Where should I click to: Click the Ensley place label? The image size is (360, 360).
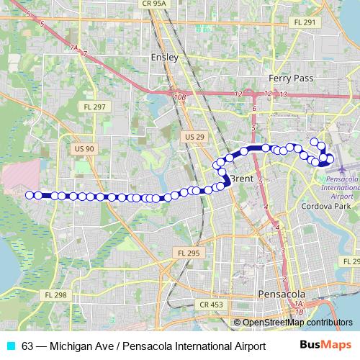pos(164,57)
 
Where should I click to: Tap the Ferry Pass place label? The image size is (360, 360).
pos(288,78)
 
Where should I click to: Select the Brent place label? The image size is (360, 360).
pos(242,179)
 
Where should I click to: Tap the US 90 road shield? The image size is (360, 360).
pos(84,148)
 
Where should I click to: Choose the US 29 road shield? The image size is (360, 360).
pos(194,136)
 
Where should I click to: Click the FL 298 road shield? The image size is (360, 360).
pos(55,295)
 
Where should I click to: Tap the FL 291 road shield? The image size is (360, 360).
pos(305,23)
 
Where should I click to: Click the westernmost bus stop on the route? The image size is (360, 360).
pos(30,194)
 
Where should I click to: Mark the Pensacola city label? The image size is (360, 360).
pos(282,294)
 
